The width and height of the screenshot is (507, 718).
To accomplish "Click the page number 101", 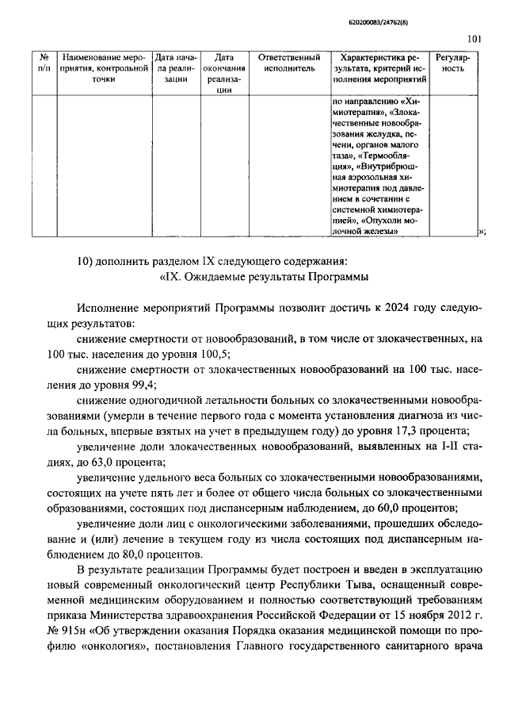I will click(x=474, y=37).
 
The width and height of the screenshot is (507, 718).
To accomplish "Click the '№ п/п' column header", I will click(x=44, y=63).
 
